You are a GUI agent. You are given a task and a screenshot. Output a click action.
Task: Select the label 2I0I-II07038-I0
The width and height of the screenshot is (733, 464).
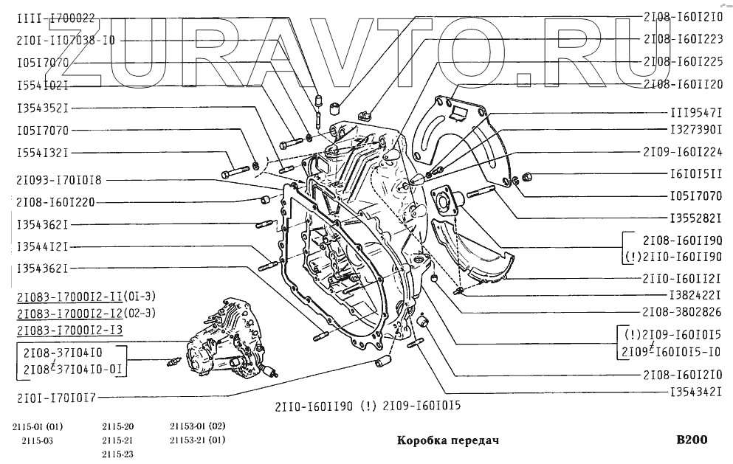66,41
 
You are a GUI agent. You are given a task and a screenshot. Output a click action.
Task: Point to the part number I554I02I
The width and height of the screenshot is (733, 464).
43,86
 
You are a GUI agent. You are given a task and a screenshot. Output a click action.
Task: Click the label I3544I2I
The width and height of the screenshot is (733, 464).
43,246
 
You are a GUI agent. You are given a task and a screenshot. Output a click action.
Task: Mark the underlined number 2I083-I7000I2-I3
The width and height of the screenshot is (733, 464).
69,329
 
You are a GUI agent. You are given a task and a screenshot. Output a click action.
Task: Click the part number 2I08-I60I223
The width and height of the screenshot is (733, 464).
683,39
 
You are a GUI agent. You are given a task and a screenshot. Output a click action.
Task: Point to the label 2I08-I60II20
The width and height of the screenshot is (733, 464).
683,84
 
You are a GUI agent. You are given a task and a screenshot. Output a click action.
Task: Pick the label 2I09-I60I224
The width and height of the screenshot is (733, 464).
683,153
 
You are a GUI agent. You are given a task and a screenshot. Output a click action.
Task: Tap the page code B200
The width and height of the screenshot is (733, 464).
692,440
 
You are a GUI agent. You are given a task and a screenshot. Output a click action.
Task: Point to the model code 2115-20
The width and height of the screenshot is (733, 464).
118,427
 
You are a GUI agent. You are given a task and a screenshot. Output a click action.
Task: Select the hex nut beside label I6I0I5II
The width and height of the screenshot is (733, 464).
528,176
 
